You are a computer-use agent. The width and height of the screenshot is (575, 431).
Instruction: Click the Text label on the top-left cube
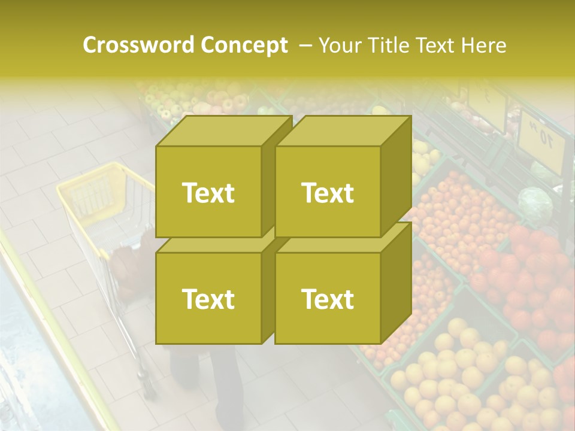click(208, 193)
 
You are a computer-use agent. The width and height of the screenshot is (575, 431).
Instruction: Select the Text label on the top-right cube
click(328, 193)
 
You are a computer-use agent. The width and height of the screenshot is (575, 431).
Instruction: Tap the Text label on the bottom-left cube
click(208, 299)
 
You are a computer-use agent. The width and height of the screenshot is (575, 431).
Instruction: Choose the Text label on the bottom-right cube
click(328, 299)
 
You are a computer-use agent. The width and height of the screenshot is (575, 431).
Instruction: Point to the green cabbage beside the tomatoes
click(535, 204)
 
